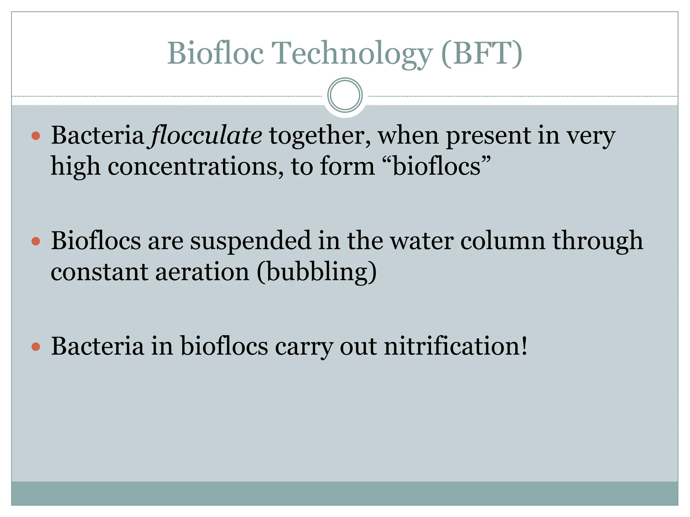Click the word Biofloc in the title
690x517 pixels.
(x=215, y=53)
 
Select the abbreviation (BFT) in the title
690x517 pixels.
(x=481, y=53)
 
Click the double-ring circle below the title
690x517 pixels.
(x=345, y=95)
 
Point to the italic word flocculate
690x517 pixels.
(x=206, y=135)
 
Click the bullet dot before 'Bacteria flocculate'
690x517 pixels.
(x=36, y=136)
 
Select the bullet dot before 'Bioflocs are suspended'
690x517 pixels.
(x=36, y=241)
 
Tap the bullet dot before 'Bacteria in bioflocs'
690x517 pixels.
(x=36, y=347)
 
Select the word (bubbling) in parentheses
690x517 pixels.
(x=317, y=272)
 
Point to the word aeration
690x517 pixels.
(x=202, y=272)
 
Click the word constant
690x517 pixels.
(x=99, y=272)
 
